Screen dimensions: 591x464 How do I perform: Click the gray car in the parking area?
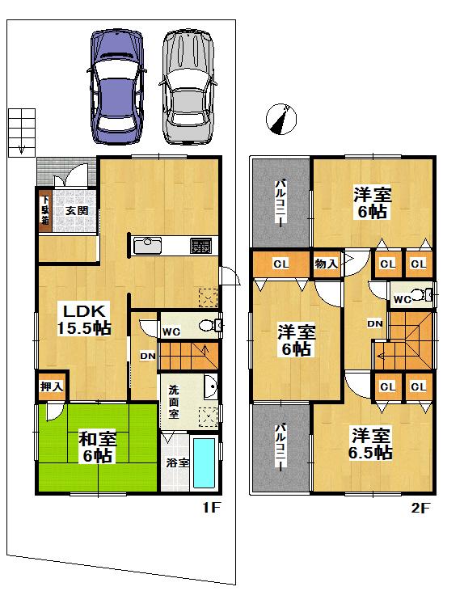[x=189, y=84]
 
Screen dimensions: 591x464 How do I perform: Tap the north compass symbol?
[x=280, y=120]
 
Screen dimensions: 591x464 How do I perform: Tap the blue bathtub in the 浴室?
[x=205, y=463]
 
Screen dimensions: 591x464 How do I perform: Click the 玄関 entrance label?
[x=77, y=211]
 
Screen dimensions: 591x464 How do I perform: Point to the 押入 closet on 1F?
[x=51, y=386]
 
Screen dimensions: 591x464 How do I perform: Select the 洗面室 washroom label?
[x=173, y=401]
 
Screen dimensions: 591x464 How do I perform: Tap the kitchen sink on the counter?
[x=149, y=245]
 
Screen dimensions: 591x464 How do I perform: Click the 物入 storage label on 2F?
[x=326, y=264]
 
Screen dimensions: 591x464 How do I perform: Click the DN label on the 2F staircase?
[x=374, y=323]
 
